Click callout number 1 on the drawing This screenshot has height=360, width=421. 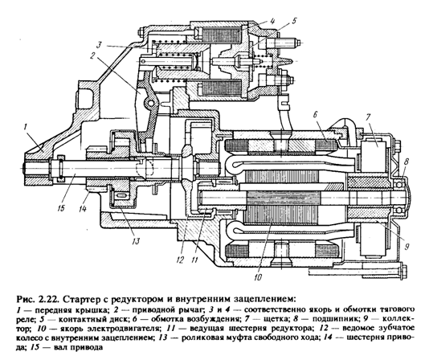point(26,126)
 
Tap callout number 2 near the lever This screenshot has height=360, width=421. point(93,55)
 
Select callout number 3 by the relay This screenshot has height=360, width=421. point(99,44)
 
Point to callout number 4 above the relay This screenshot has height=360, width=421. point(272,21)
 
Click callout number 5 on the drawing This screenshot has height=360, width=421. point(294,21)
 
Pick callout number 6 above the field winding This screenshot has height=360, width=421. point(315,115)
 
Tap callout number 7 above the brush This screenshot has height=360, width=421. point(368,117)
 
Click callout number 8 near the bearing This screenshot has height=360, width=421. point(407,162)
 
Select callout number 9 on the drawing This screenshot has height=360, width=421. point(407,246)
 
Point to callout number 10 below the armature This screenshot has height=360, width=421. point(258,276)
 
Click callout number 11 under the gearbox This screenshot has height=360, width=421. point(194,260)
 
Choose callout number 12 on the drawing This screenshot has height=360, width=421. point(180,260)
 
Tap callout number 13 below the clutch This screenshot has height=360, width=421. point(136,241)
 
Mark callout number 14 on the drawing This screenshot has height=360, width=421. point(83,208)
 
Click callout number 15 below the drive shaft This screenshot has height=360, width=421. point(61,208)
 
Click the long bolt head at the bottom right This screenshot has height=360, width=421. point(403,272)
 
